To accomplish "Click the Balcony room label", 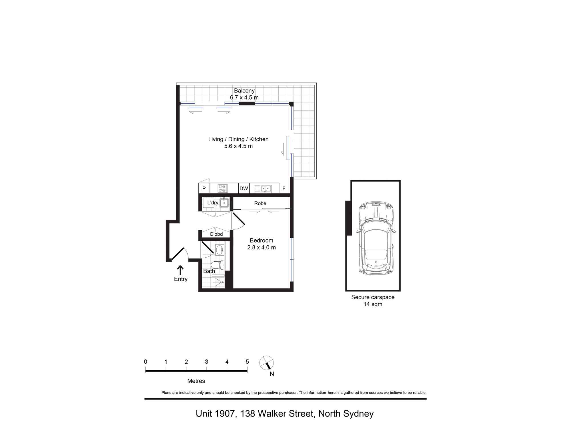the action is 244,91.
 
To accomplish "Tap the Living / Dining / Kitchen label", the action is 238,139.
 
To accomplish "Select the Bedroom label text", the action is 262,241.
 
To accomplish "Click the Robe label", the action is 260,203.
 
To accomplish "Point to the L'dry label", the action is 213,203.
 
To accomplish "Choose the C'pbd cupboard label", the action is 216,234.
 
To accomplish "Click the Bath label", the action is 209,271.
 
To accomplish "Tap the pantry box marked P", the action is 204,188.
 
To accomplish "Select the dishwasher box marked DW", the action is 244,188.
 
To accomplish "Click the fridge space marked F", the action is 284,188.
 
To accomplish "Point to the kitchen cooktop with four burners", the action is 223,188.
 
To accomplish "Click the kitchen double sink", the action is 263,189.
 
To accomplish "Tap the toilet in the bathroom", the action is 218,265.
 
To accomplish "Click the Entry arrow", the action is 180,270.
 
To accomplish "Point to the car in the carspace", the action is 376,238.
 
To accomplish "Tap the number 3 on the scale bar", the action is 206,362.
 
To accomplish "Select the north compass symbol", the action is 267,363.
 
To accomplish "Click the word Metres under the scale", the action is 196,381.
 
